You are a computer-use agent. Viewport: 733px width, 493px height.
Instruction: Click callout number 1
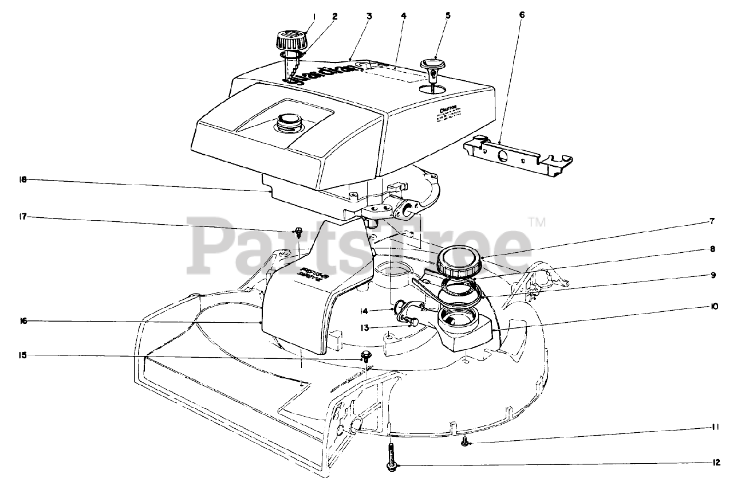pyautogui.click(x=314, y=16)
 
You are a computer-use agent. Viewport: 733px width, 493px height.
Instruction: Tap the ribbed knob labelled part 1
pyautogui.click(x=291, y=41)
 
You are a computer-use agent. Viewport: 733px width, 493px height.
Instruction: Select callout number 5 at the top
pyautogui.click(x=448, y=16)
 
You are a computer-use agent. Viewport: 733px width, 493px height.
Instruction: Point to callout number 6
pyautogui.click(x=521, y=15)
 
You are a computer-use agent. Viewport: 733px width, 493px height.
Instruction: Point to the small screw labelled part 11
pyautogui.click(x=465, y=441)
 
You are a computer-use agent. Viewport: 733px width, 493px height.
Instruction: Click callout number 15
pyautogui.click(x=23, y=355)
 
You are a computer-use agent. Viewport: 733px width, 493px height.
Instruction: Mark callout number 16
pyautogui.click(x=23, y=322)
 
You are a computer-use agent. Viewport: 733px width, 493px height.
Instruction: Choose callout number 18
pyautogui.click(x=23, y=180)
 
